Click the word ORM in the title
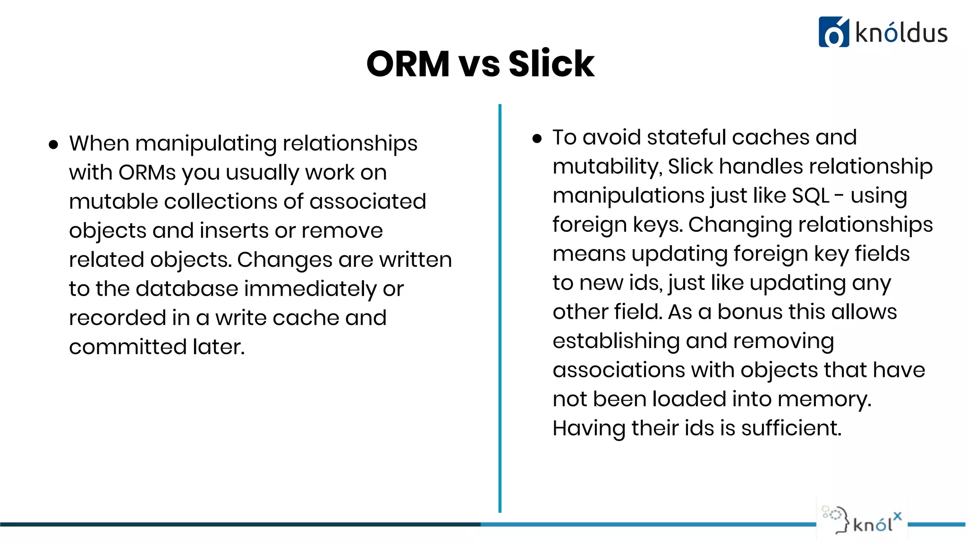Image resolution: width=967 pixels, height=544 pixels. (408, 64)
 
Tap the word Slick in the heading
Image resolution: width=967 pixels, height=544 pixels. (551, 64)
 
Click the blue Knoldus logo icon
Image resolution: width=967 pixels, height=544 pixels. (833, 32)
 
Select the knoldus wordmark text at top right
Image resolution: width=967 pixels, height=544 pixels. (901, 34)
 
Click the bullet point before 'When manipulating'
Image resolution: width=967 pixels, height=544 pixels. (53, 144)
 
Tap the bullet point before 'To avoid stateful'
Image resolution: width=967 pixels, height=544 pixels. (537, 138)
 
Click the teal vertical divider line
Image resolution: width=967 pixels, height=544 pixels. (500, 307)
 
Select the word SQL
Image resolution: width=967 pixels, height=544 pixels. (810, 195)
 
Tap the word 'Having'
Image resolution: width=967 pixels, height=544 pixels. (589, 429)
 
